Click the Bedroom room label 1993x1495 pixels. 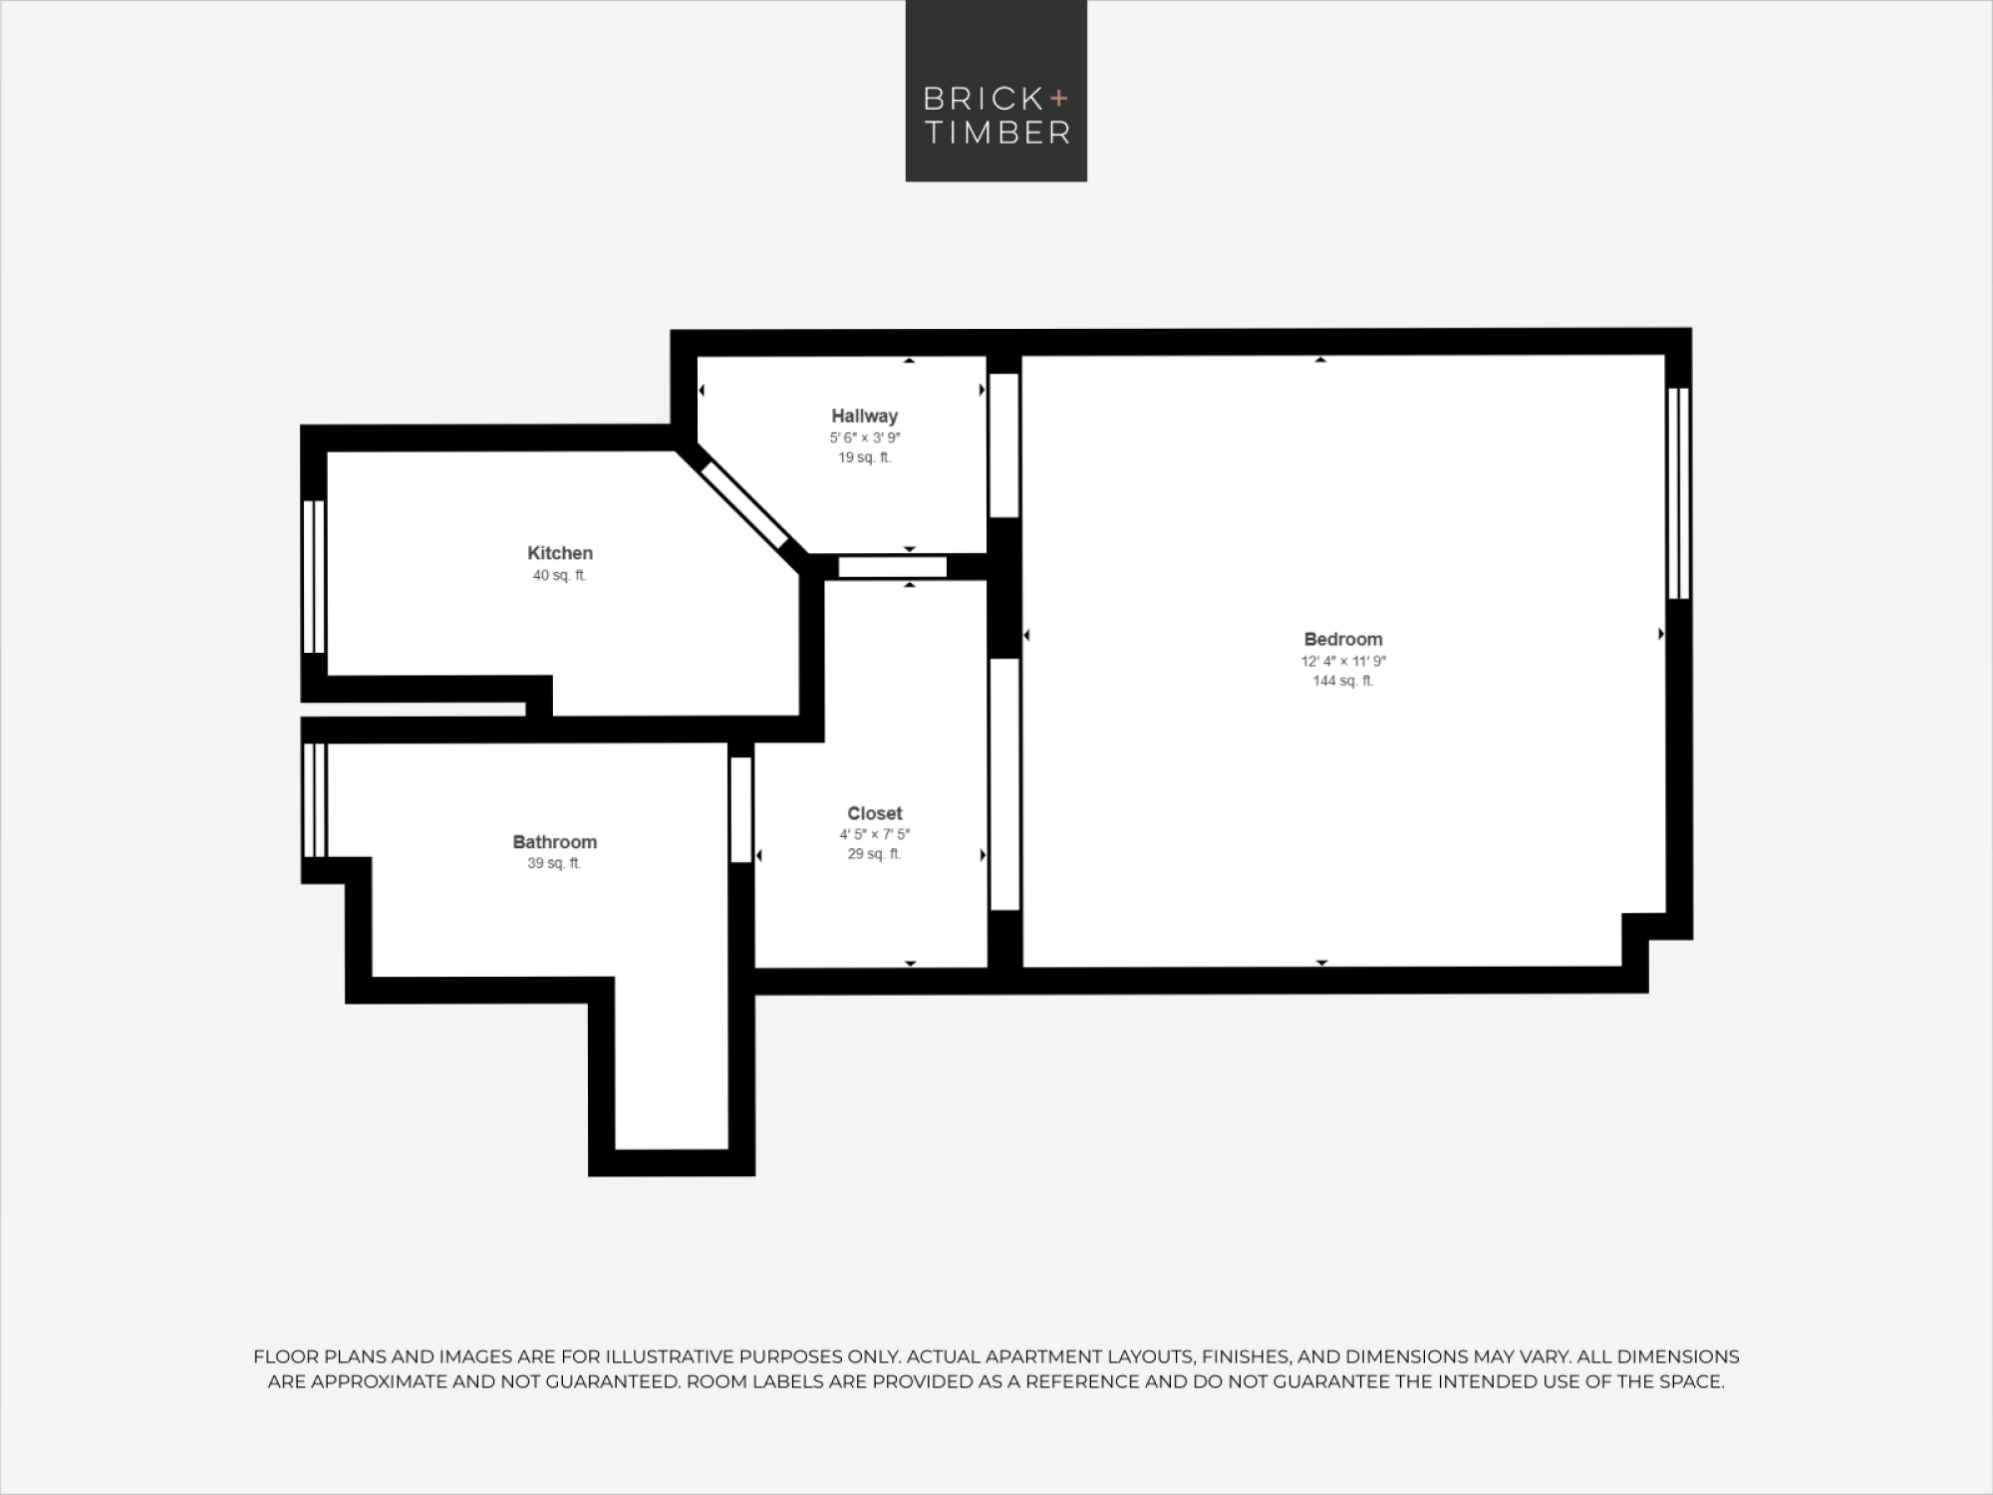(1342, 639)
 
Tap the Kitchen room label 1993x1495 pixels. (560, 553)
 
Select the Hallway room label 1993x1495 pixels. (865, 416)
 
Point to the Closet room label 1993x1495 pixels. (875, 813)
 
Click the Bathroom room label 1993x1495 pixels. (555, 842)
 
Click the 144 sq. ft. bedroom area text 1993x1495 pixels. (1342, 681)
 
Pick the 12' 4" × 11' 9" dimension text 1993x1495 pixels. (1343, 661)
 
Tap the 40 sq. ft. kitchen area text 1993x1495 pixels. (560, 575)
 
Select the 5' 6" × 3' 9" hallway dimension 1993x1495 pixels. (865, 438)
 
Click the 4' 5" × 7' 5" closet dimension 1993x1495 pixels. (875, 834)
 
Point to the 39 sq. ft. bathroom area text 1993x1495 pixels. (554, 863)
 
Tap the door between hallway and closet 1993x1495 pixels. (892, 567)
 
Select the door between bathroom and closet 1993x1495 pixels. (740, 810)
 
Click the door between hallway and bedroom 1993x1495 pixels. (1004, 446)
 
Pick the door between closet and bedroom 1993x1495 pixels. (1004, 784)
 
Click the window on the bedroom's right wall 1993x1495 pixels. (1678, 493)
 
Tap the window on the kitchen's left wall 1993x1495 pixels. (314, 576)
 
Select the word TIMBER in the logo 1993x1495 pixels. (997, 133)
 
